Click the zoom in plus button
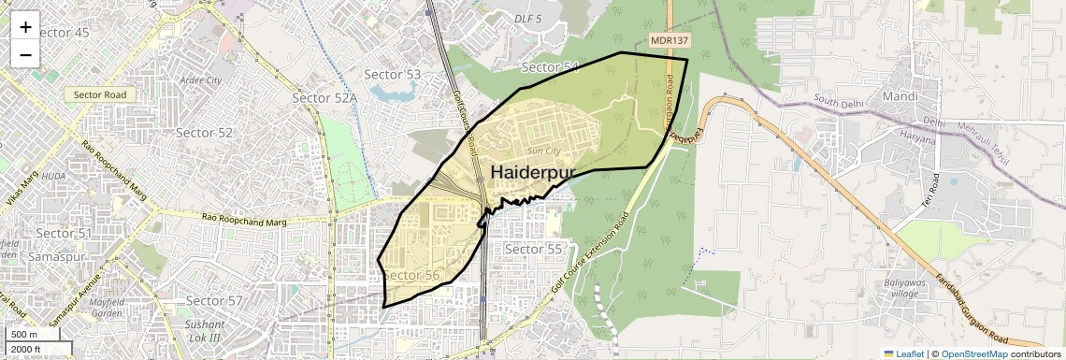pyautogui.click(x=25, y=26)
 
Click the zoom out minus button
pyautogui.click(x=25, y=54)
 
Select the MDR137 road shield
pyautogui.click(x=670, y=40)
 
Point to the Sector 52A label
pyautogui.click(x=324, y=98)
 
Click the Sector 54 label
pyautogui.click(x=550, y=67)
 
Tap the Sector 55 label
pyautogui.click(x=533, y=250)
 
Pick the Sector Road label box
pyautogui.click(x=100, y=94)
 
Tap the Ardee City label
pyautogui.click(x=202, y=80)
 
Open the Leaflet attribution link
pyautogui.click(x=903, y=353)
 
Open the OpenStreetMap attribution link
pyautogui.click(x=973, y=353)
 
